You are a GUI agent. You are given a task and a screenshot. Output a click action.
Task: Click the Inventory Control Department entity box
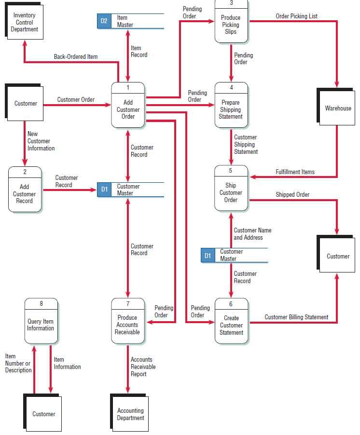(x=25, y=22)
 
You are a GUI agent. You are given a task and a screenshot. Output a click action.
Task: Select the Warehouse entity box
(x=338, y=108)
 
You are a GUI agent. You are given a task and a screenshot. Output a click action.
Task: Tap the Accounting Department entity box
(x=130, y=414)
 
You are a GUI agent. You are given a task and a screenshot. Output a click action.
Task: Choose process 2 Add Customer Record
(x=25, y=190)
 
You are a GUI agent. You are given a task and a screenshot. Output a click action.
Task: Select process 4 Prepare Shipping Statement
(x=231, y=105)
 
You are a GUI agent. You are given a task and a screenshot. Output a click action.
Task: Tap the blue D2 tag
(x=104, y=21)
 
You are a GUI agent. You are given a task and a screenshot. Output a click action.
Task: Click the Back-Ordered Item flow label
(x=76, y=57)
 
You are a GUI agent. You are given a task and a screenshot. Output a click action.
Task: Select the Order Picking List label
(x=296, y=16)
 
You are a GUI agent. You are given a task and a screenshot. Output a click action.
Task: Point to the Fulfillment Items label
(x=295, y=172)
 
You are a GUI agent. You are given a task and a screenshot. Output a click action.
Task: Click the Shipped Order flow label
(x=292, y=194)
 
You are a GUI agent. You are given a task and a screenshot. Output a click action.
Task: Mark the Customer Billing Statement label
(x=296, y=317)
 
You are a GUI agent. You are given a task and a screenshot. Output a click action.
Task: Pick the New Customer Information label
(x=41, y=141)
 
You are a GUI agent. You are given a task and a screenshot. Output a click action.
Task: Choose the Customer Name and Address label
(x=252, y=234)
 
